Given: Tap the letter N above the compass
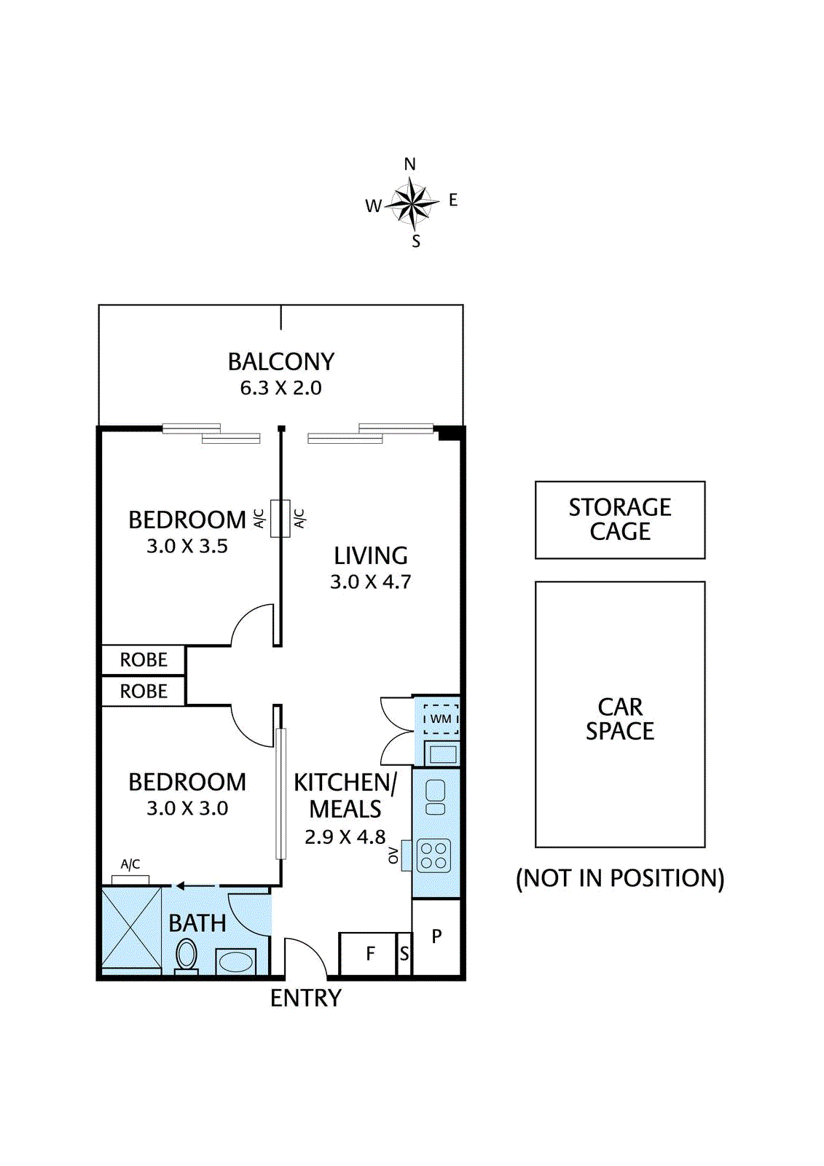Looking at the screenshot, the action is point(410,165).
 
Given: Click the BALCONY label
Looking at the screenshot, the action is point(281,361).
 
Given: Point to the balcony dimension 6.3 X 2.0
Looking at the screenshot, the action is point(281,388).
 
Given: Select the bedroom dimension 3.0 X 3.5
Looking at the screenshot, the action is point(187,546).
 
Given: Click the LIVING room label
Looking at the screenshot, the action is point(371,556).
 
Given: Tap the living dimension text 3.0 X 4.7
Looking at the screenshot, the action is point(371,582).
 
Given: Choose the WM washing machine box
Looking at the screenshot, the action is point(441,719).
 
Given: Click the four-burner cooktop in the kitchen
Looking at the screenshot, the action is point(434,856).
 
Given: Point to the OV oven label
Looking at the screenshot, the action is point(393,856).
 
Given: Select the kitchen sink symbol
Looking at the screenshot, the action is point(435,797).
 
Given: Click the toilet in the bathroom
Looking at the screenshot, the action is point(186,955).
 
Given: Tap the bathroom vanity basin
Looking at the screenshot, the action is point(236,961).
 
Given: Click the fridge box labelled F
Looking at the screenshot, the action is point(368,954).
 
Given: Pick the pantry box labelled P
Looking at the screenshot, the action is point(436,937).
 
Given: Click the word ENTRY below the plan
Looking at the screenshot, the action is point(306,998).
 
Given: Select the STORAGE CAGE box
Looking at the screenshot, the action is point(620,520).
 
